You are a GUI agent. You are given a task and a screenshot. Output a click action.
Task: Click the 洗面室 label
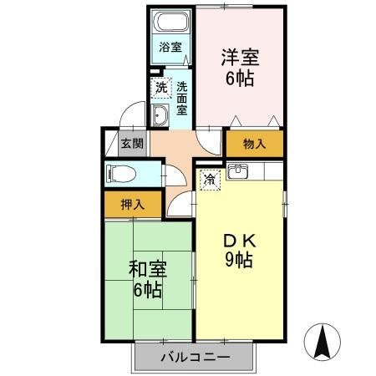[x=182, y=98]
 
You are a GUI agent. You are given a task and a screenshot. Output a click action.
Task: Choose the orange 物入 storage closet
[x=254, y=144]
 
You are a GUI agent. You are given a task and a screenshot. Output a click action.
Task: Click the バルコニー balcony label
[x=193, y=358]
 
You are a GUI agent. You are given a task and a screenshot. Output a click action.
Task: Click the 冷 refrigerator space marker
[x=211, y=177]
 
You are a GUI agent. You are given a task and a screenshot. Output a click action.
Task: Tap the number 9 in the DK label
[x=229, y=259]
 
